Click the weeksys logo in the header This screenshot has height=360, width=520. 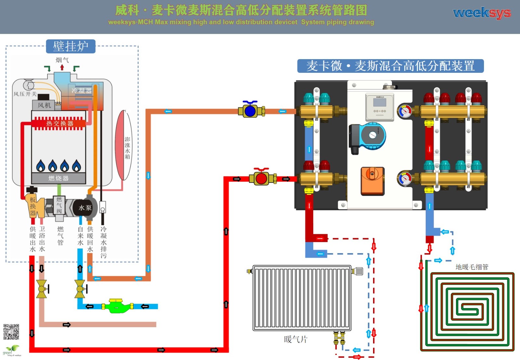[x=482, y=13]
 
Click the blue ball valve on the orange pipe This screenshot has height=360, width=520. [x=250, y=110]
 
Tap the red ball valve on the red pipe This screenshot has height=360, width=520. [x=261, y=178]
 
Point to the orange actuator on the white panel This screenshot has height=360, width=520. [x=372, y=181]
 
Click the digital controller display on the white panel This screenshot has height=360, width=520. [x=380, y=103]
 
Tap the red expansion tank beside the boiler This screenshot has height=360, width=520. [x=124, y=145]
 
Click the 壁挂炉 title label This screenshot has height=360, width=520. [x=71, y=46]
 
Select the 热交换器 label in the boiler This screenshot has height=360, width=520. [x=59, y=123]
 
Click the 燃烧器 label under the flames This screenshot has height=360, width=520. [x=58, y=178]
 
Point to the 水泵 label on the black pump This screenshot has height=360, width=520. [x=85, y=208]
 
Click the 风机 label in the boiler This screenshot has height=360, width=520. [x=44, y=105]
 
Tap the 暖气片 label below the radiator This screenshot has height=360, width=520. [x=295, y=340]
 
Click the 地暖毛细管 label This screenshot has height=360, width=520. [x=472, y=267]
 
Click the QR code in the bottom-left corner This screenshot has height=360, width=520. [x=11, y=332]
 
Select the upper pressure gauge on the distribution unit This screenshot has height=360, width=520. [x=405, y=111]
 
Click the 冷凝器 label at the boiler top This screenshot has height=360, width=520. [x=82, y=91]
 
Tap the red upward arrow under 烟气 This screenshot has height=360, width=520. [x=62, y=68]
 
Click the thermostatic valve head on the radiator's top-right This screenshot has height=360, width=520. [x=357, y=271]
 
